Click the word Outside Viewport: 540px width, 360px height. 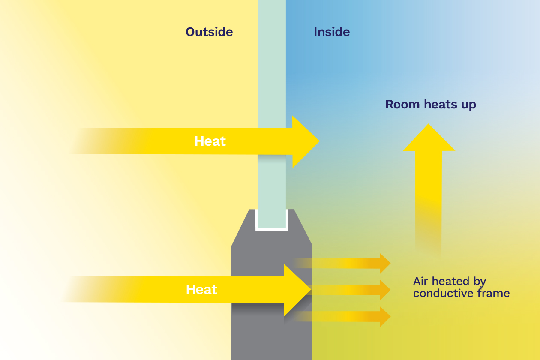tap(209, 32)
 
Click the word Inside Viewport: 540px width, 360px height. tap(332, 32)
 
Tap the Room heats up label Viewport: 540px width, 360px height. tap(430, 105)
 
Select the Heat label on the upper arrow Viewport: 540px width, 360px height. tap(210, 141)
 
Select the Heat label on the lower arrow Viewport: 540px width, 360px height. tap(201, 290)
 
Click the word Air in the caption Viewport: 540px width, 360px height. tap(421, 282)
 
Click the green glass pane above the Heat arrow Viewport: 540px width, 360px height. tap(272, 64)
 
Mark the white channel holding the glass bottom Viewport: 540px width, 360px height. tap(272, 229)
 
